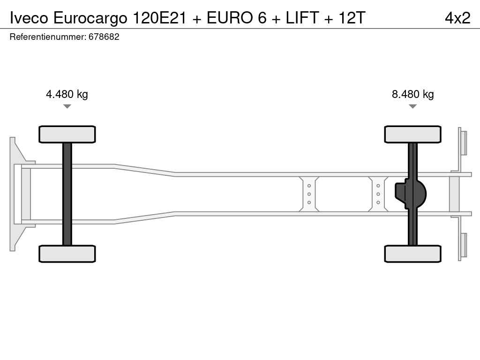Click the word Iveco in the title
(x=29, y=18)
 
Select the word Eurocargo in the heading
(x=90, y=18)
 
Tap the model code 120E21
(x=159, y=18)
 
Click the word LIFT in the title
(x=302, y=18)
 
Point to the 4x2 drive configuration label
(x=457, y=18)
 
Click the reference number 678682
(x=104, y=37)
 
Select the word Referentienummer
(x=48, y=37)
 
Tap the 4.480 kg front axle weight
(x=67, y=94)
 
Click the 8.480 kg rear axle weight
(x=412, y=94)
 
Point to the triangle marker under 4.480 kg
(x=67, y=106)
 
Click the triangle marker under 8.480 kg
(x=412, y=106)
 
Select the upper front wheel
(x=67, y=135)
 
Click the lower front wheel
(x=67, y=254)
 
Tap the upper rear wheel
(x=412, y=135)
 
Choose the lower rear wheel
(x=412, y=254)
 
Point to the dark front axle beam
(x=67, y=194)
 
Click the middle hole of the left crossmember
(x=309, y=194)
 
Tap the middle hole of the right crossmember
(x=378, y=194)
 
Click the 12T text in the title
(x=352, y=18)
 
